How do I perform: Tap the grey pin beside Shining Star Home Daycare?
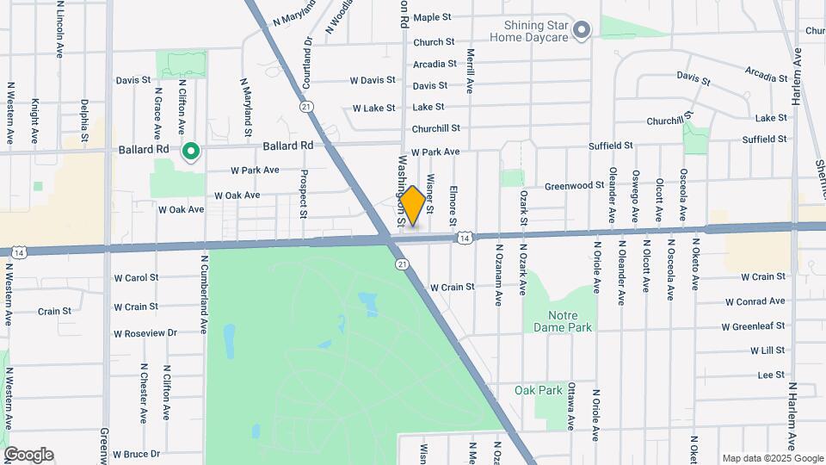pyautogui.click(x=583, y=32)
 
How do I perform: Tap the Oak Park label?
pyautogui.click(x=538, y=390)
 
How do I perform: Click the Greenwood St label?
pyautogui.click(x=575, y=185)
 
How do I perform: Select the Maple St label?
pyautogui.click(x=433, y=17)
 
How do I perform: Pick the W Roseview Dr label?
pyautogui.click(x=145, y=332)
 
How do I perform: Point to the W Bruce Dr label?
pyautogui.click(x=137, y=454)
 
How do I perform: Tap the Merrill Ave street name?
pyautogui.click(x=471, y=71)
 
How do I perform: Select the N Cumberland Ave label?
pyautogui.click(x=205, y=294)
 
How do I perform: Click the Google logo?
pyautogui.click(x=28, y=455)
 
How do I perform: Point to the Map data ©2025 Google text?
pyautogui.click(x=771, y=458)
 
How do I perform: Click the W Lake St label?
pyautogui.click(x=373, y=108)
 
